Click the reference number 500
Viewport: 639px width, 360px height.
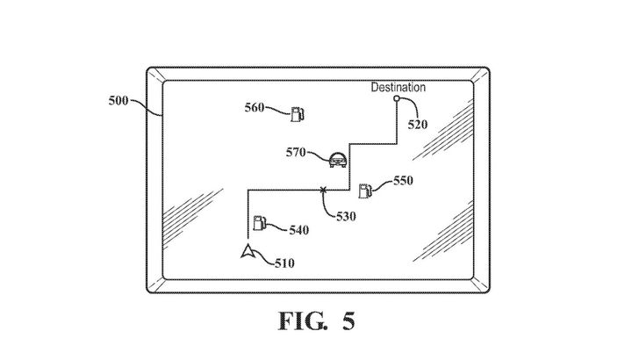click(x=116, y=101)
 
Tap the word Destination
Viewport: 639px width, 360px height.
click(x=398, y=87)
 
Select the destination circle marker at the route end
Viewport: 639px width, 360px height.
click(x=397, y=99)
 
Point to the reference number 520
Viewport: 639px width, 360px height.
click(x=418, y=125)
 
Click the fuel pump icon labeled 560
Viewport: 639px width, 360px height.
click(x=299, y=112)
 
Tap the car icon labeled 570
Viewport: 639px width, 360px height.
click(x=337, y=159)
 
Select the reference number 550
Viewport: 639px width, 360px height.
click(x=401, y=180)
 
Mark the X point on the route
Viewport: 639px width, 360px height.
click(x=323, y=189)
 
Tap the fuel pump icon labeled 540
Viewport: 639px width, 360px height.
click(x=259, y=223)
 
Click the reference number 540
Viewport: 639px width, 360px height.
click(x=298, y=230)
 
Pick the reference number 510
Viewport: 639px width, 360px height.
click(x=284, y=262)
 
